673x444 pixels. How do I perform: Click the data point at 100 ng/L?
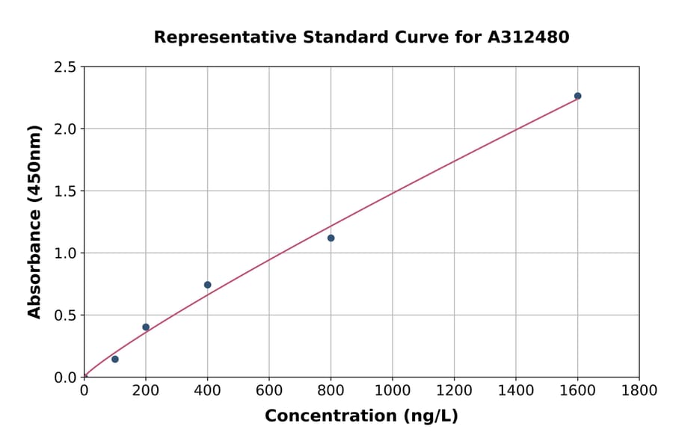pyautogui.click(x=115, y=360)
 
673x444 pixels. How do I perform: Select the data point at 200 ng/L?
pyautogui.click(x=146, y=327)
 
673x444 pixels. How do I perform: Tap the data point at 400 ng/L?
pyautogui.click(x=208, y=285)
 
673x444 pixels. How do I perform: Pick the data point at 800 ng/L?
pyautogui.click(x=331, y=238)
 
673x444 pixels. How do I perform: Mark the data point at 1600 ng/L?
pyautogui.click(x=578, y=96)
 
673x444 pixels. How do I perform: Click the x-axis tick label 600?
pyautogui.click(x=269, y=391)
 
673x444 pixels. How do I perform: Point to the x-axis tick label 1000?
pyautogui.click(x=393, y=391)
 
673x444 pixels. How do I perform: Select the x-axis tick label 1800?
pyautogui.click(x=639, y=391)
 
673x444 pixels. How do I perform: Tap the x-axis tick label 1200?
pyautogui.click(x=455, y=391)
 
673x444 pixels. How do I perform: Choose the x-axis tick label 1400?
pyautogui.click(x=516, y=391)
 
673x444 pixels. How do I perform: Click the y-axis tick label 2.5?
pyautogui.click(x=64, y=67)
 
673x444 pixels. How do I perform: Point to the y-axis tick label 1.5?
pyautogui.click(x=64, y=191)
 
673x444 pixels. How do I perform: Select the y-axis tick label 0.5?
pyautogui.click(x=64, y=315)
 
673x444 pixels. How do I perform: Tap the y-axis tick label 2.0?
pyautogui.click(x=64, y=129)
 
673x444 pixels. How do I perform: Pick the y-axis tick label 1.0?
pyautogui.click(x=64, y=253)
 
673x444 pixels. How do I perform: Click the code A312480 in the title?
pyautogui.click(x=529, y=37)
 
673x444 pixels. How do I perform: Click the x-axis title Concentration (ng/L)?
pyautogui.click(x=361, y=416)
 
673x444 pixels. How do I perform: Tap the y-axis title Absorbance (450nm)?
pyautogui.click(x=34, y=222)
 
